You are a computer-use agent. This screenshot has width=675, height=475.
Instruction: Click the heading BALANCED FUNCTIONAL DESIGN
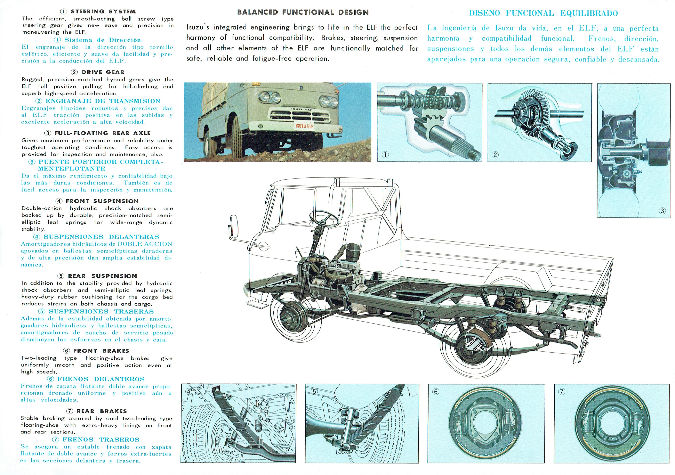pyautogui.click(x=303, y=12)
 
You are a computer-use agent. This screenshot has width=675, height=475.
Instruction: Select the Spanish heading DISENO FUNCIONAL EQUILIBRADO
pyautogui.click(x=543, y=13)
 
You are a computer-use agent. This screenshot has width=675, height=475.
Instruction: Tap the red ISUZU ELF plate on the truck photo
pyautogui.click(x=304, y=126)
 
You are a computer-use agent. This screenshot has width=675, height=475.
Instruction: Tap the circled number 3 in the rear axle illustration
pyautogui.click(x=662, y=211)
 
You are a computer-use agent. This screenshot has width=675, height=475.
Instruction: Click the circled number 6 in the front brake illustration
pyautogui.click(x=436, y=391)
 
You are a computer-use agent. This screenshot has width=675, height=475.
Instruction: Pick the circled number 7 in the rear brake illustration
pyautogui.click(x=561, y=391)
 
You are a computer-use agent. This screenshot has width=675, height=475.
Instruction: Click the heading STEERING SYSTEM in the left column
pyautogui.click(x=103, y=12)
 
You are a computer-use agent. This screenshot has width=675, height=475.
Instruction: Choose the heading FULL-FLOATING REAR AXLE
pyautogui.click(x=102, y=133)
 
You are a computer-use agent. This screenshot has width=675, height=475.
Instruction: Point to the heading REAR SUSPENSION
pyautogui.click(x=102, y=276)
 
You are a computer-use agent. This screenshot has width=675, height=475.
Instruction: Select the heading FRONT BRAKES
pyautogui.click(x=101, y=351)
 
